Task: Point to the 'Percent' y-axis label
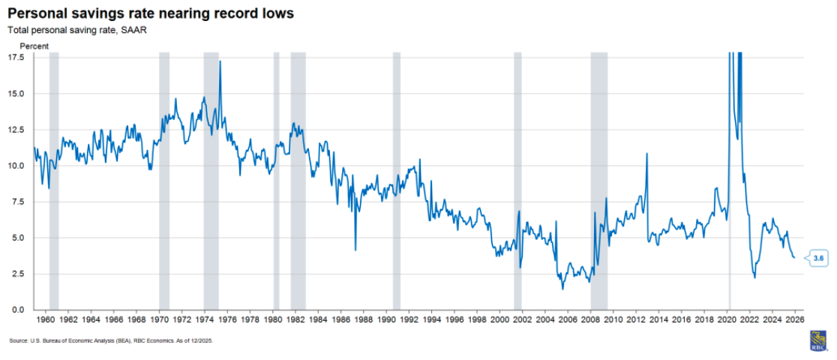coord(34,46)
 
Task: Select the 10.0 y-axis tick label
coord(16,166)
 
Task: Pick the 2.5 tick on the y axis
coord(19,274)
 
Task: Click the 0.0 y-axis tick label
coord(19,310)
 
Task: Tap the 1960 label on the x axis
coord(45,319)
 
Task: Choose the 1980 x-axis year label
coord(273,319)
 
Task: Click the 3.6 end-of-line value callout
coord(817,259)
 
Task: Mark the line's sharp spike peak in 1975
coord(220,61)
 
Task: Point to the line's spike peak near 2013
coord(646,154)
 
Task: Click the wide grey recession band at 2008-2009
coord(598,180)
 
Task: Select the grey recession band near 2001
coord(517,180)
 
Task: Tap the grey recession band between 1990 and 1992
coord(397,180)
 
